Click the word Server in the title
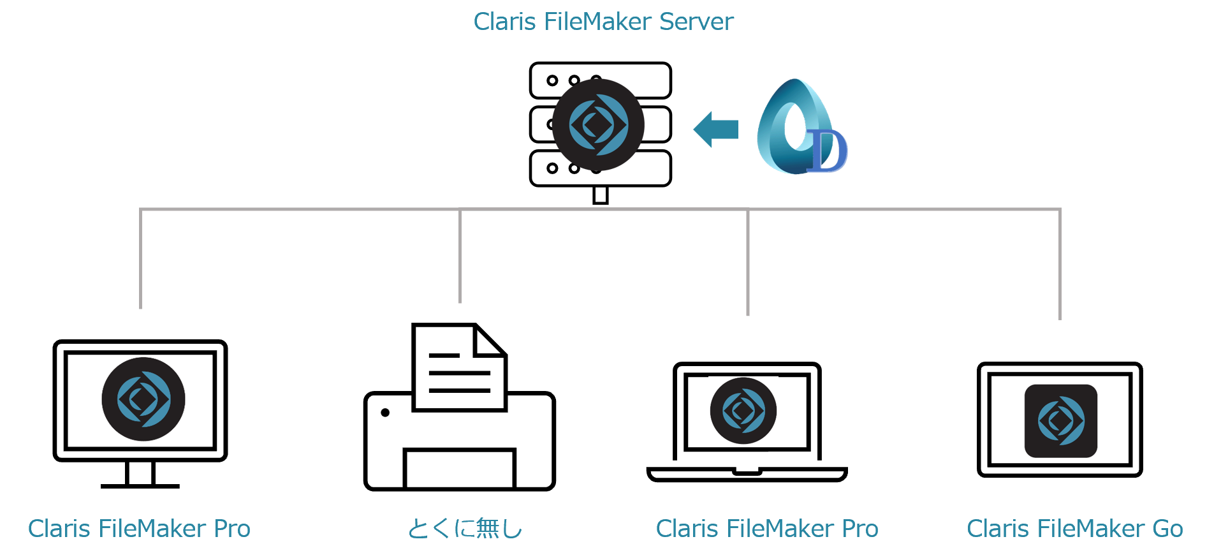click(x=696, y=22)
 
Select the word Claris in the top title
click(x=504, y=22)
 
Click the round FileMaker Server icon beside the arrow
click(x=598, y=125)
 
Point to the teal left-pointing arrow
click(x=715, y=129)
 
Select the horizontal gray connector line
click(x=599, y=209)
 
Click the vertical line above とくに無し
click(x=460, y=255)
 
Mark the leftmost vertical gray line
click(x=140, y=258)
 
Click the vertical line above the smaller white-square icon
click(x=747, y=262)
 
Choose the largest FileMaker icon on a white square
click(x=143, y=399)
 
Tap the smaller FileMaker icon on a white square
click(x=743, y=411)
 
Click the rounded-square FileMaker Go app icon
click(x=1061, y=421)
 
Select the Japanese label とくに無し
click(x=465, y=529)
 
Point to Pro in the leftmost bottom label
click(x=232, y=529)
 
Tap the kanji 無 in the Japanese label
click(x=488, y=529)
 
